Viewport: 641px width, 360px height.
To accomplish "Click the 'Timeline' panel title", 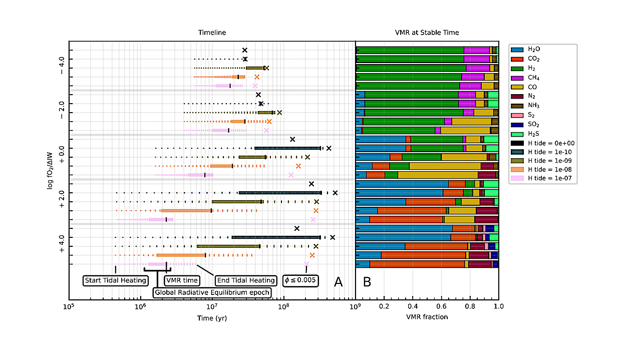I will click(x=211, y=33).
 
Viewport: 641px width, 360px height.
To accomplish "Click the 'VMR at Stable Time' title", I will click(x=427, y=33).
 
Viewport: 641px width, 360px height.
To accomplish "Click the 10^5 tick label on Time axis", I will click(x=69, y=305).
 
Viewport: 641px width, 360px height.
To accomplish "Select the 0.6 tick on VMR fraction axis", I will click(x=441, y=305).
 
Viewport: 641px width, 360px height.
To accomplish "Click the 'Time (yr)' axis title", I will click(x=211, y=317).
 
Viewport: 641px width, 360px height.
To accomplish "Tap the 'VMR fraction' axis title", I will click(x=427, y=317).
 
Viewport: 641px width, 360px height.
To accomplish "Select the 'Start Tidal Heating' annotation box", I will click(x=115, y=280).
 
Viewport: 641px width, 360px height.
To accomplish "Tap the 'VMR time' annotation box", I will click(x=182, y=280).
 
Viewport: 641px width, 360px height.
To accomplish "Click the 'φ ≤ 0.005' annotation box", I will click(x=300, y=280).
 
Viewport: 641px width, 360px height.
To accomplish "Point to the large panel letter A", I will click(x=338, y=282).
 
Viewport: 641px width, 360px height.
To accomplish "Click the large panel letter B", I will click(x=367, y=282).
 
